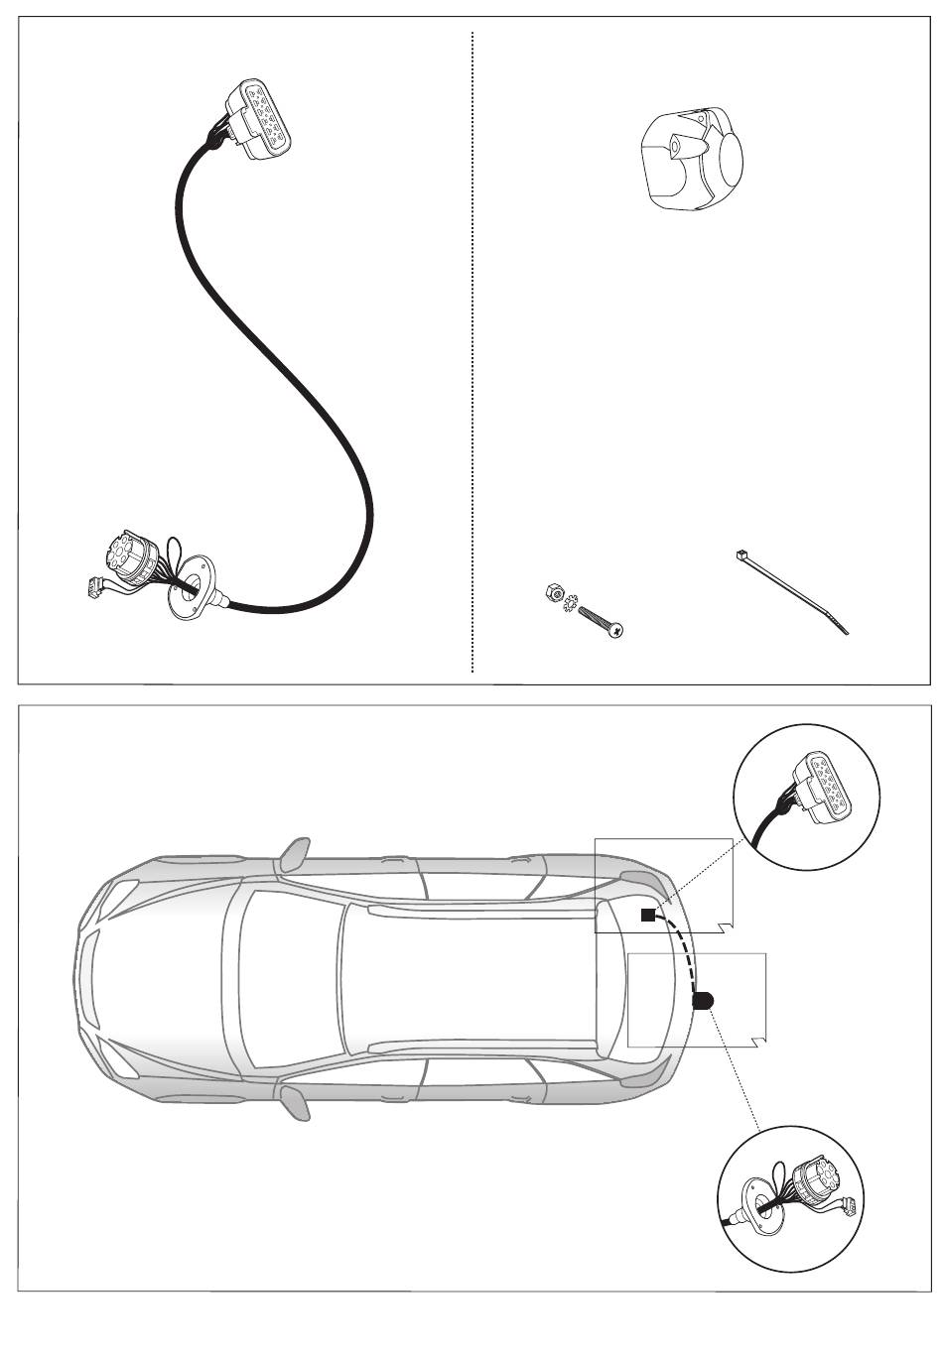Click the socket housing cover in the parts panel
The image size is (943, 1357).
click(x=694, y=162)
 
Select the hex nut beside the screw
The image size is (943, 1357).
click(x=553, y=593)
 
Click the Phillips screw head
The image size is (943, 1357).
click(x=616, y=629)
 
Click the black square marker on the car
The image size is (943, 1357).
click(x=647, y=916)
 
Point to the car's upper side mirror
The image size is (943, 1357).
click(x=295, y=852)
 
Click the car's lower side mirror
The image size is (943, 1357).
click(x=295, y=1100)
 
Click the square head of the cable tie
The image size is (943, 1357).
click(x=741, y=556)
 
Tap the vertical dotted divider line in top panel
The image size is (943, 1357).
click(x=472, y=347)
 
